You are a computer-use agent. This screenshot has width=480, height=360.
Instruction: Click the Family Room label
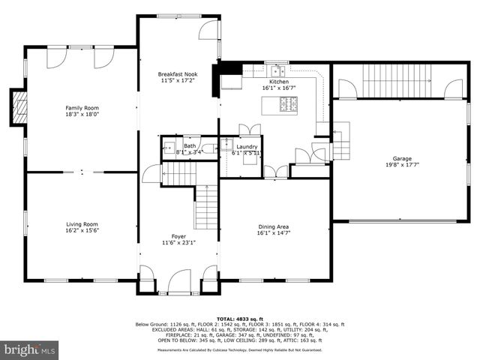[82, 108]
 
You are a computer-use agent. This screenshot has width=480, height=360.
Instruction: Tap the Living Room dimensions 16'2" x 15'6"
[80, 231]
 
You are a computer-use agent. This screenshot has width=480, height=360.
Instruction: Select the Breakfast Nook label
[178, 73]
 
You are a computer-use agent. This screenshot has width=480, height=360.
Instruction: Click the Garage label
[402, 158]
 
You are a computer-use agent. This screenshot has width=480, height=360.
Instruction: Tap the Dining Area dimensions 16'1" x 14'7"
[273, 233]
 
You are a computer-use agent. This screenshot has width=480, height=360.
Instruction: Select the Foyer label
[178, 236]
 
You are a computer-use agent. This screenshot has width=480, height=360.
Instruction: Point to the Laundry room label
[247, 146]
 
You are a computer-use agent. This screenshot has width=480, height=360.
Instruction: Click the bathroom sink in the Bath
[169, 148]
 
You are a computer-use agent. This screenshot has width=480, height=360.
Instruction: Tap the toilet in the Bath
[209, 148]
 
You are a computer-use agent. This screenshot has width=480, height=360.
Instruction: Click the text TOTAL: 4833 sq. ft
[240, 319]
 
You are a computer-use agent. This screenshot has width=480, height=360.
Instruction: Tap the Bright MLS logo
[30, 349]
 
